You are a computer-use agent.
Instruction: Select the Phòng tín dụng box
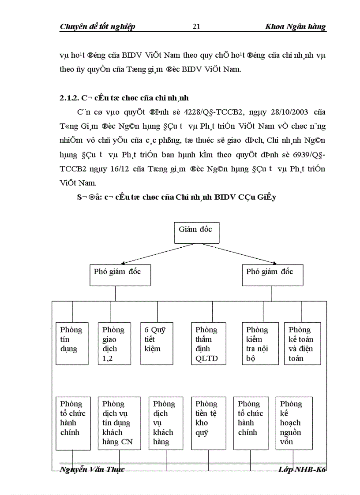72,343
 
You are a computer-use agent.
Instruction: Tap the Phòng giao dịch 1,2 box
114,343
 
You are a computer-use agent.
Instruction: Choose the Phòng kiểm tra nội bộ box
260,343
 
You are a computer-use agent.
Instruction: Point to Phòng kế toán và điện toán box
302,343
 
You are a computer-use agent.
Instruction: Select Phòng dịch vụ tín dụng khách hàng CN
119,423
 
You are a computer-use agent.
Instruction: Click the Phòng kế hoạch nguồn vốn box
294,423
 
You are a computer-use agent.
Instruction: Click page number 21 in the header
196,27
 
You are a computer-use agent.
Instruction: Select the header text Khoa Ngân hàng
295,27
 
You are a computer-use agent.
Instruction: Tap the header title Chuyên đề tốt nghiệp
97,27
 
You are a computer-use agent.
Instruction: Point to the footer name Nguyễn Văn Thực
92,469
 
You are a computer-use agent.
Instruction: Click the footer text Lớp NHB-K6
302,469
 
